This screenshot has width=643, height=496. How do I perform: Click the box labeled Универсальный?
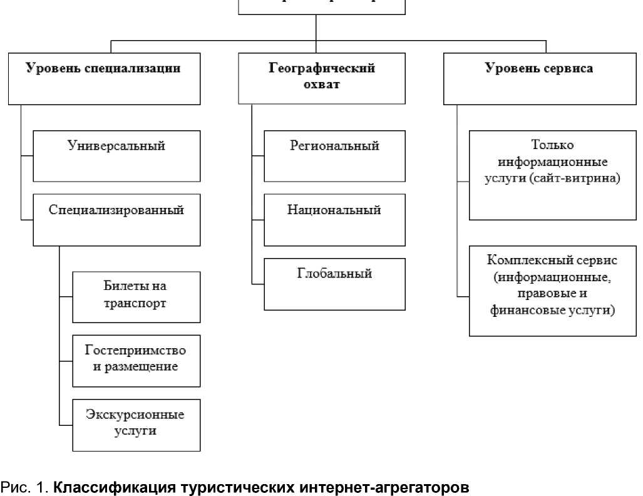(116, 156)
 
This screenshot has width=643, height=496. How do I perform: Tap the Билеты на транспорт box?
(136, 296)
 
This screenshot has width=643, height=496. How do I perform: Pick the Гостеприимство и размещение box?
(136, 361)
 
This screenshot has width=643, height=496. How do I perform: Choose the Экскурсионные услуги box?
(136, 425)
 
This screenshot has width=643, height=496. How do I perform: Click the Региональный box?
(334, 156)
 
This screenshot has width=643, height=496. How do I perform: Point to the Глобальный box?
(334, 284)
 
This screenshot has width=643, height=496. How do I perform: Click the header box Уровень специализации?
(103, 78)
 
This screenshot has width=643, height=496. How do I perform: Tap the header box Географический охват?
(317, 78)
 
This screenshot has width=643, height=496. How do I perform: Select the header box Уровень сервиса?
(538, 78)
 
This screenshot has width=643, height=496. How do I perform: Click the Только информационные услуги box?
(553, 175)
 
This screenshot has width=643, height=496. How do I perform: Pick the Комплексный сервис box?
(553, 292)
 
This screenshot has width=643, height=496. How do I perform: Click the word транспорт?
(136, 304)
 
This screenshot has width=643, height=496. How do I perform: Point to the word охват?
(317, 85)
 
